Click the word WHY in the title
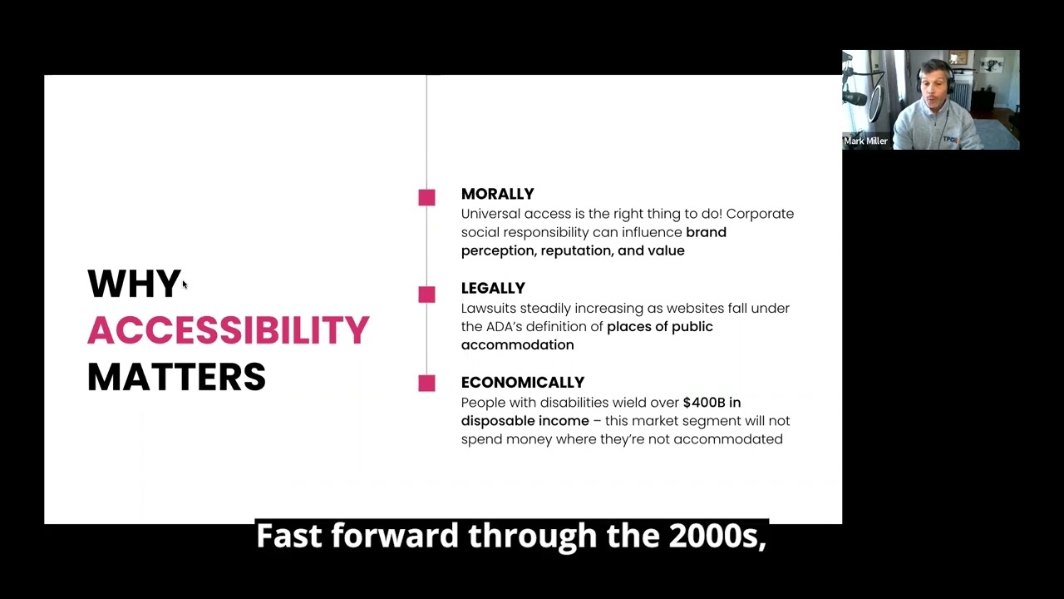pyautogui.click(x=133, y=284)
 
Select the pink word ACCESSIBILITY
pyautogui.click(x=228, y=330)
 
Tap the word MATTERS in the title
pyautogui.click(x=176, y=377)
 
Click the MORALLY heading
pyautogui.click(x=497, y=194)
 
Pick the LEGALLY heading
pyautogui.click(x=493, y=288)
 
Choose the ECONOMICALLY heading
pyautogui.click(x=522, y=382)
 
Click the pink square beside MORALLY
pyautogui.click(x=426, y=197)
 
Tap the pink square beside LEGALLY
pyautogui.click(x=426, y=295)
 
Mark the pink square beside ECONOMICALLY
pyautogui.click(x=426, y=383)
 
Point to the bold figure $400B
pyautogui.click(x=703, y=403)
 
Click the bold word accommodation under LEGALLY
pyautogui.click(x=517, y=344)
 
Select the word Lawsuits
pyautogui.click(x=488, y=308)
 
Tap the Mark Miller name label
pyautogui.click(x=865, y=141)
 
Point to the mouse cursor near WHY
pyautogui.click(x=185, y=285)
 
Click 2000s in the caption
pyautogui.click(x=717, y=536)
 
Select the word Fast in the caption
pyautogui.click(x=288, y=536)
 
